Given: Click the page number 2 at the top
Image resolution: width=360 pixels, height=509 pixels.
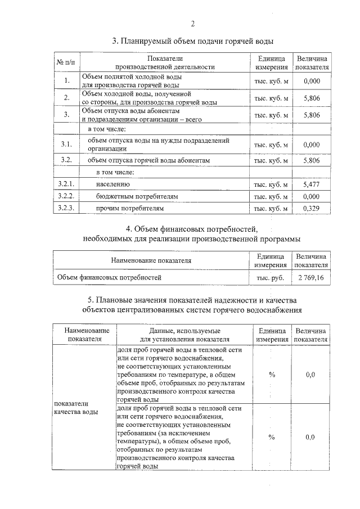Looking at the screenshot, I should tap(192, 24).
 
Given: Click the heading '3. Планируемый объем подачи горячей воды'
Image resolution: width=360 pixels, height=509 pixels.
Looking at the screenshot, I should tap(192, 41).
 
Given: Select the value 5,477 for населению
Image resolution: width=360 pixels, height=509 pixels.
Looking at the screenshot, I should tap(311, 184).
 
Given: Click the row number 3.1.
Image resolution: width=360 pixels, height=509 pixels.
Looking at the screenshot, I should tap(66, 145).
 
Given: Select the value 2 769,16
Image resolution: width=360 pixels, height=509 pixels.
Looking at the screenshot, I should tap(311, 277).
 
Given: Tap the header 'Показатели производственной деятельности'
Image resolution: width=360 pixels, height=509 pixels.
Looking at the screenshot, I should tap(165, 62).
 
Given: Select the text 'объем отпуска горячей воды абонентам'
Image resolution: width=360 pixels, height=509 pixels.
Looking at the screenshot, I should tap(148, 160).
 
